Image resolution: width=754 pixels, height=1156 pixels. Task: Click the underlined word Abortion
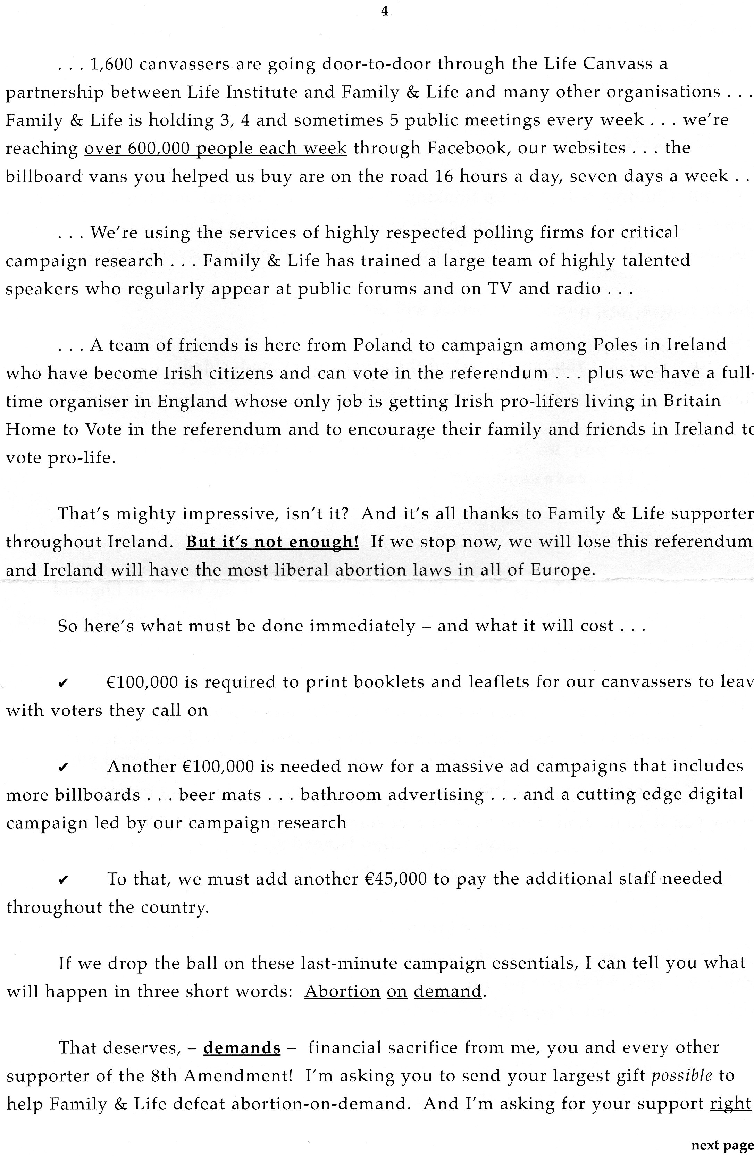point(342,991)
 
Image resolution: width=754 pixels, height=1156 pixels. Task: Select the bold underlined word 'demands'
point(242,1048)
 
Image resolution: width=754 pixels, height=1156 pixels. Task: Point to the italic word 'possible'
point(681,1076)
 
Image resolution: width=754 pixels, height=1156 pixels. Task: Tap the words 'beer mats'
point(220,795)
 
